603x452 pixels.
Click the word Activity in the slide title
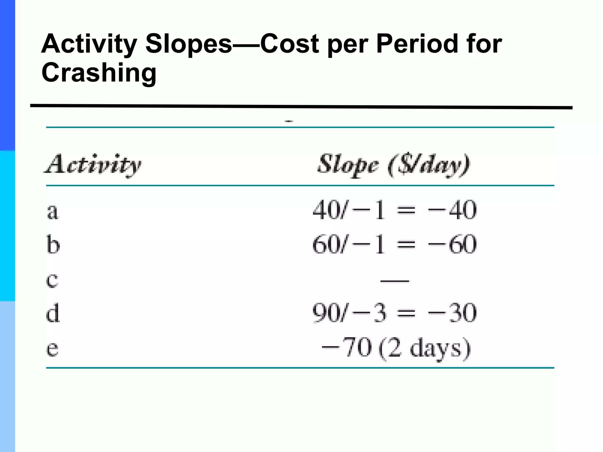click(89, 44)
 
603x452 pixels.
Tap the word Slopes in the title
click(188, 44)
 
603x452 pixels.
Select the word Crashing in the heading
click(99, 73)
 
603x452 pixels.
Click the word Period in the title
click(417, 44)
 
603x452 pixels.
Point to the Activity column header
click(93, 165)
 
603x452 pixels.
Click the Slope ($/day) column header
click(394, 165)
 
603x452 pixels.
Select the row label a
click(53, 211)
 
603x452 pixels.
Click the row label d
click(53, 313)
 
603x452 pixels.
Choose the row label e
click(52, 348)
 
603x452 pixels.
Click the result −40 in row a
click(452, 210)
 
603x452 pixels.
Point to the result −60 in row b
click(452, 244)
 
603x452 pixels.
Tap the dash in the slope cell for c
click(395, 281)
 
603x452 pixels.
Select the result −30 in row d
click(452, 313)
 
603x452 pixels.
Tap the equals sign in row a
click(406, 211)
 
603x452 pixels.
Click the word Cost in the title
click(289, 44)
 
